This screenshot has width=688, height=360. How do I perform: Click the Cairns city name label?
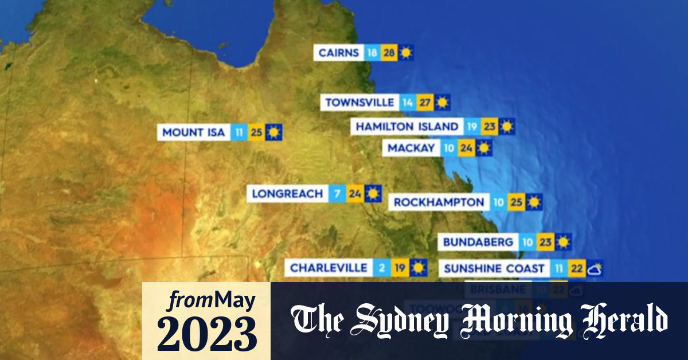point(338,53)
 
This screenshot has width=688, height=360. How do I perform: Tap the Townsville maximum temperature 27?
point(425,103)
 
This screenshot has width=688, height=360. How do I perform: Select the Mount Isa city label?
point(194,132)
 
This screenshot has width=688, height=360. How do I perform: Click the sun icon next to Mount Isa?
point(273,132)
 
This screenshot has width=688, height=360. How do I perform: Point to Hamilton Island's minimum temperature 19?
point(472,127)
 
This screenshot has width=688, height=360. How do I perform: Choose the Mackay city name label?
point(411,148)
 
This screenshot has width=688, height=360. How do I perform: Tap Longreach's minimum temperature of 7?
point(337,194)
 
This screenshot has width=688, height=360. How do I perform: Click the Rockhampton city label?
point(439,202)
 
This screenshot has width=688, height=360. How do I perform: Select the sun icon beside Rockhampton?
point(534,202)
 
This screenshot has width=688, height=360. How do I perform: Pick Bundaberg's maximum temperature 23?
point(546,242)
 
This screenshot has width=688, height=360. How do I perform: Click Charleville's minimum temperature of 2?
point(381,268)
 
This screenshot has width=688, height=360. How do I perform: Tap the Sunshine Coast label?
point(494,268)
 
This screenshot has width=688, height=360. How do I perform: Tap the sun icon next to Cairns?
point(406,53)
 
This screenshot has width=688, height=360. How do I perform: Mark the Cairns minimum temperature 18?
point(372,53)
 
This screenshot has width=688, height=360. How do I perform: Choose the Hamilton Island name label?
point(408,127)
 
